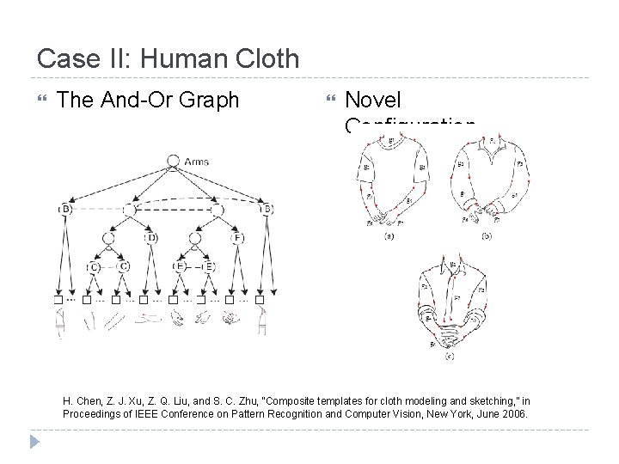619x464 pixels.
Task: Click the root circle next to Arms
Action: pyautogui.click(x=173, y=161)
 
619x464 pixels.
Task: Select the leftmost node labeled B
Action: pyautogui.click(x=65, y=209)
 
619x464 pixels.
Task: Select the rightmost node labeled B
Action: pyautogui.click(x=269, y=209)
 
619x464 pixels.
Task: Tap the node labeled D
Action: pyautogui.click(x=150, y=237)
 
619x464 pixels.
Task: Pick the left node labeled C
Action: pyautogui.click(x=94, y=266)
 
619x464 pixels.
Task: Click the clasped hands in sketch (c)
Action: pyautogui.click(x=450, y=326)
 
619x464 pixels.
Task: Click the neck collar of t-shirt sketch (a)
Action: pyautogui.click(x=391, y=141)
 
